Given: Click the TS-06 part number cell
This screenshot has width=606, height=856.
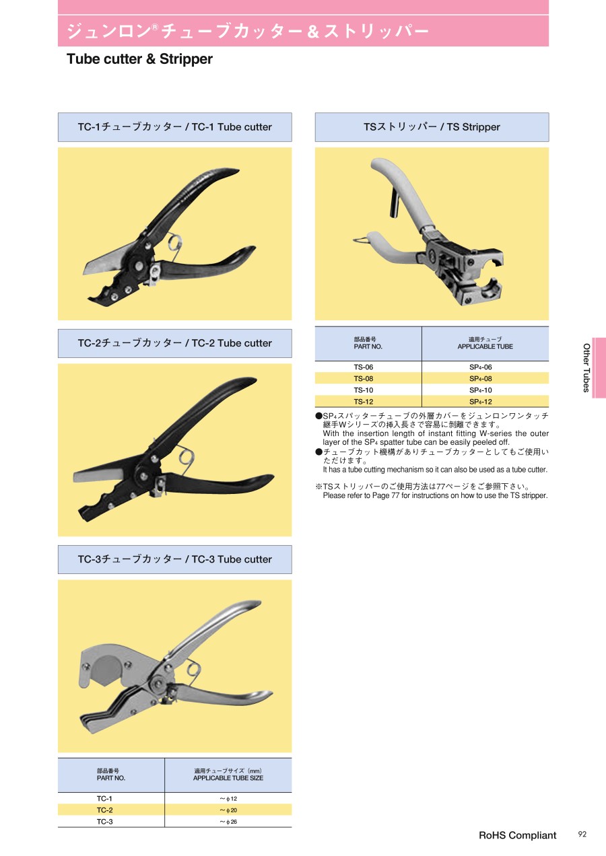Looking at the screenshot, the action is pos(363,367).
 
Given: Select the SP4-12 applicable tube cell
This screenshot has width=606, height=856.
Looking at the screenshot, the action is pos(481,402).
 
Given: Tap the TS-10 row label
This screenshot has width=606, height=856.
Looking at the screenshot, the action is pos(363,390).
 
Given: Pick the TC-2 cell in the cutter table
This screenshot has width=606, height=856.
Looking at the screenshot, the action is pos(104,810).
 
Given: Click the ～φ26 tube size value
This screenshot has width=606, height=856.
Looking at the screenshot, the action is pos(228,822).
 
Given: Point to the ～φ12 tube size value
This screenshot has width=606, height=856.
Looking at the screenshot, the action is pos(228,799).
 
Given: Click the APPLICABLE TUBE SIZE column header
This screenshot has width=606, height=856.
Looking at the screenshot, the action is pos(228,778).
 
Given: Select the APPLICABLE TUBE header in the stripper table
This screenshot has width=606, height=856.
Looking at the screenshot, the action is pos(485,347).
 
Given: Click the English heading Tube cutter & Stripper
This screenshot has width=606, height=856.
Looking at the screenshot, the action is pos(139,59).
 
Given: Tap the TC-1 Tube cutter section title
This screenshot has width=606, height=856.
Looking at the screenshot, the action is pos(174,127).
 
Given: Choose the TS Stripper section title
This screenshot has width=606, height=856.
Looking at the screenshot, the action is pos(432,127).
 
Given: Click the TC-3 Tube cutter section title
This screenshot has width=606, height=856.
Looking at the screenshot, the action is pos(174,559).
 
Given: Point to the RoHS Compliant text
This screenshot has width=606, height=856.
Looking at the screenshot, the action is pos(517,835).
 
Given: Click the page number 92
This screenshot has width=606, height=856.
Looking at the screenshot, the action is pos(582,834).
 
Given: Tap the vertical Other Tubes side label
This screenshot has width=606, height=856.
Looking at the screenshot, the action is pos(586,367).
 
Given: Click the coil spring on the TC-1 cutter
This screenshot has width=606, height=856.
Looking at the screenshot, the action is pos(176,244).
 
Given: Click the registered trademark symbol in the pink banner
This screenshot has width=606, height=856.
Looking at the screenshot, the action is pos(154,27).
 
